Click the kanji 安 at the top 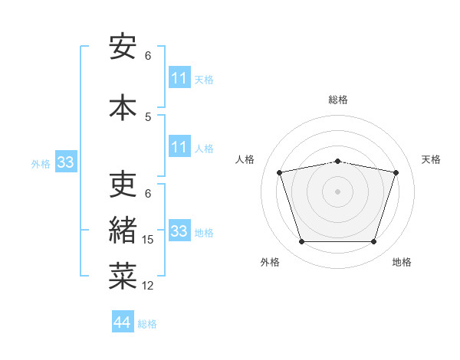pyautogui.click(x=123, y=46)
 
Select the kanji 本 pyautogui.click(x=123, y=107)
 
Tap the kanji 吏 pyautogui.click(x=123, y=184)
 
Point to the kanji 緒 pyautogui.click(x=123, y=230)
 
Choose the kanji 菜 pyautogui.click(x=123, y=276)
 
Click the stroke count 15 pyautogui.click(x=147, y=240)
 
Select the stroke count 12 pyautogui.click(x=147, y=286)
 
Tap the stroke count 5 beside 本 pyautogui.click(x=148, y=117)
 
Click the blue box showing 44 pyautogui.click(x=123, y=321)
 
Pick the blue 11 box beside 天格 pyautogui.click(x=180, y=77)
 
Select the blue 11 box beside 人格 pyautogui.click(x=180, y=146)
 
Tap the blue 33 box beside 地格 pyautogui.click(x=180, y=230)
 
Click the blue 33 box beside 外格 pyautogui.click(x=66, y=162)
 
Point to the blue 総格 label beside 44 pyautogui.click(x=147, y=324)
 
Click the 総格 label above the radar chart pyautogui.click(x=338, y=100)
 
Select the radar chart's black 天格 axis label pyautogui.click(x=431, y=159)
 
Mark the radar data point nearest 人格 pyautogui.click(x=279, y=172)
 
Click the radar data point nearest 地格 pyautogui.click(x=374, y=242)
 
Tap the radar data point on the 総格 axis pyautogui.click(x=337, y=162)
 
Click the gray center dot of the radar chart pyautogui.click(x=337, y=191)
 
